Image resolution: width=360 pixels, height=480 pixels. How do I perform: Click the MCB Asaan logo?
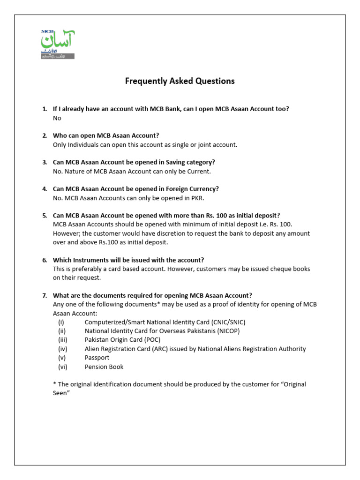pos(58,45)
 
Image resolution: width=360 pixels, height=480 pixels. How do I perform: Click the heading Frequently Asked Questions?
pos(180,81)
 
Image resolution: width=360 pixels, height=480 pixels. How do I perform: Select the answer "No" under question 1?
pos(57,118)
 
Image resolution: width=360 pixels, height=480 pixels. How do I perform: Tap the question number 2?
pos(45,135)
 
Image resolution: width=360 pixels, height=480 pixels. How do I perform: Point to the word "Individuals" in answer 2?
pos(83,145)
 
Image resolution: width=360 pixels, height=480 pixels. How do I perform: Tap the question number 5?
pos(45,216)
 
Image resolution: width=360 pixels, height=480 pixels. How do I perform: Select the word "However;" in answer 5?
pos(67,233)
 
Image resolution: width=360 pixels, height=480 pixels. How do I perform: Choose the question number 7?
pos(45,295)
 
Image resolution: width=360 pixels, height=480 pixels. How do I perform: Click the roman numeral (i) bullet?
pos(61,322)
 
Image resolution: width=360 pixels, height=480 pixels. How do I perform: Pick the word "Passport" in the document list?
pos(97,358)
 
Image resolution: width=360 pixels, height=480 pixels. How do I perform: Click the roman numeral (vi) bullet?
pos(62,367)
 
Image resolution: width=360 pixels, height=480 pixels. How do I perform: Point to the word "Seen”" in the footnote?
pos(61,393)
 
